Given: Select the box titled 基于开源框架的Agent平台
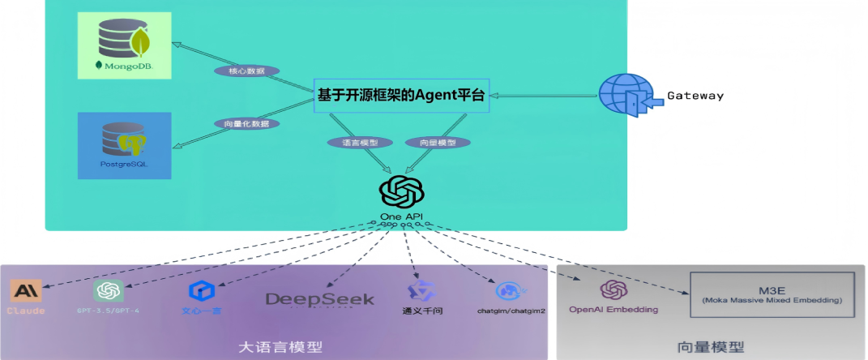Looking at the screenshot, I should pyautogui.click(x=401, y=96).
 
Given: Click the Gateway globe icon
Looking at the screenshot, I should pyautogui.click(x=626, y=95).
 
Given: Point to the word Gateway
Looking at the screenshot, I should pyautogui.click(x=695, y=96).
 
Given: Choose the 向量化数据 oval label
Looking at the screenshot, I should pyautogui.click(x=247, y=124).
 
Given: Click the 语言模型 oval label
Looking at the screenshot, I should pyautogui.click(x=360, y=142).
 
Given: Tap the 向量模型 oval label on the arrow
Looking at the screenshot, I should pyautogui.click(x=438, y=142).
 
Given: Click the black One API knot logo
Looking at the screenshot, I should pyautogui.click(x=402, y=193).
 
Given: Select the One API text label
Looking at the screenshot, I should pyautogui.click(x=401, y=216).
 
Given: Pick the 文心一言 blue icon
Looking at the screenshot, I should pyautogui.click(x=199, y=290).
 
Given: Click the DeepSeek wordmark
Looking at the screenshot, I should pyautogui.click(x=320, y=300).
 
